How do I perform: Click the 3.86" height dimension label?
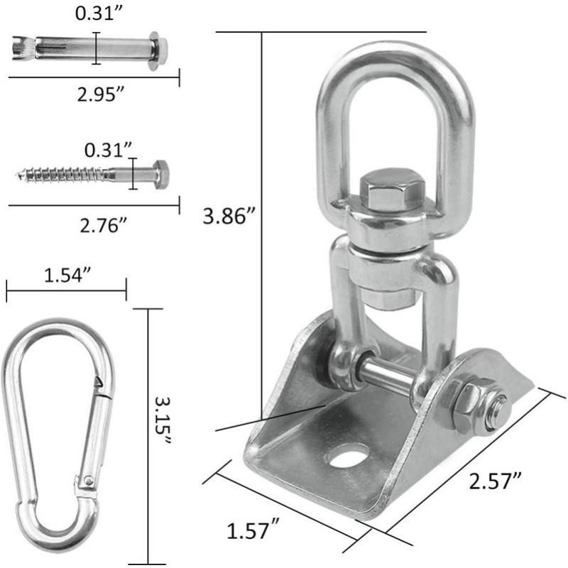click(229, 216)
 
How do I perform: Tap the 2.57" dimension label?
click(495, 481)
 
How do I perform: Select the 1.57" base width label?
click(253, 530)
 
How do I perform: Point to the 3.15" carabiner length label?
click(163, 421)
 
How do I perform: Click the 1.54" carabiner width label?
click(67, 275)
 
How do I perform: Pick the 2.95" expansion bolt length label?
click(100, 94)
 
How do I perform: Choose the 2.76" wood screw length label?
click(103, 225)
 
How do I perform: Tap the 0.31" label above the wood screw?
click(108, 150)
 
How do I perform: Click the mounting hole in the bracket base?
click(346, 455)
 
